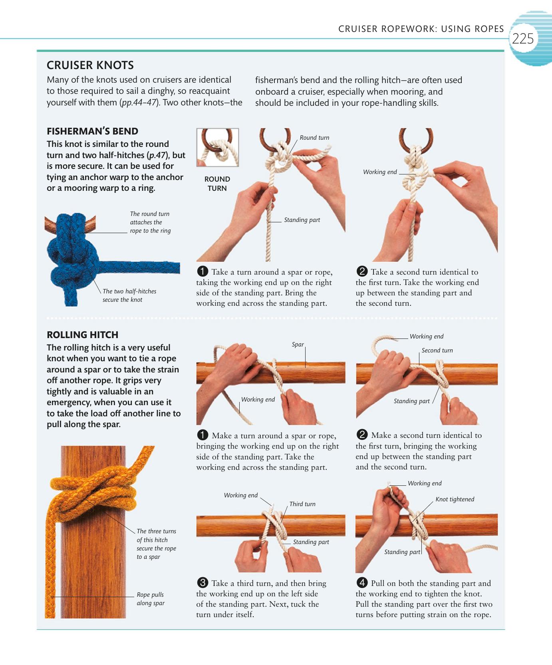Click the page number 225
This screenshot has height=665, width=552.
point(522,39)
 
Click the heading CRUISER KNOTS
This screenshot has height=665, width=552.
point(90,65)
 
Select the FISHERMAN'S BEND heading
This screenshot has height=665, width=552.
point(92,131)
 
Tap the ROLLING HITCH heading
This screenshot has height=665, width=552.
point(83,335)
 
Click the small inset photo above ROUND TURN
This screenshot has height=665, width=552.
point(218,147)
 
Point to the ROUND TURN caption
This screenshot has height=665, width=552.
point(217,184)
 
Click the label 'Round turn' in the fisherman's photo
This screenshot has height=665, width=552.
point(314,138)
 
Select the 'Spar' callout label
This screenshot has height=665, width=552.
point(298,344)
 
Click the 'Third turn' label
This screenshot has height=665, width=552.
point(302,504)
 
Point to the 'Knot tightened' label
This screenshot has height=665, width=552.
point(455,499)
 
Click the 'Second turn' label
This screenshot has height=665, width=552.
point(437,350)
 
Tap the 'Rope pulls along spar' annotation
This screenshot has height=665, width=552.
point(151,599)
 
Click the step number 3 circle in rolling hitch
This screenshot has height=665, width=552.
point(203,583)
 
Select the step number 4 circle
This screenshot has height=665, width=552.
point(362,583)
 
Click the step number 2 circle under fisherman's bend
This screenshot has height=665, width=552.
point(362,271)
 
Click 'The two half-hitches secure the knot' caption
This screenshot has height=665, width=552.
point(129,295)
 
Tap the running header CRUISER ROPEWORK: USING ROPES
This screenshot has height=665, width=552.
point(421,29)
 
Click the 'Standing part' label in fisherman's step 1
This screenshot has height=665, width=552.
point(302,220)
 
